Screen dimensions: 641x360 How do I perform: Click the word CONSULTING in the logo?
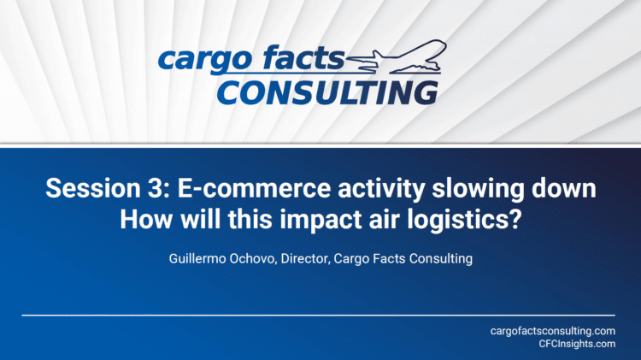click(328, 93)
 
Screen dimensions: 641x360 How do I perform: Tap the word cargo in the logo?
click(205, 59)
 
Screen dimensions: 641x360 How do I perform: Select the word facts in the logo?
click(303, 56)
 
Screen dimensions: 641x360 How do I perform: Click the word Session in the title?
click(93, 188)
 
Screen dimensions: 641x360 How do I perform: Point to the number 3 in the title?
click(155, 188)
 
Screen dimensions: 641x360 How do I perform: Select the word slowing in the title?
click(478, 190)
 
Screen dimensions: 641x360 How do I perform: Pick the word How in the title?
click(146, 219)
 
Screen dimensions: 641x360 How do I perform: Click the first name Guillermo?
click(197, 258)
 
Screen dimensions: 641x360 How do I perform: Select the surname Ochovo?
click(253, 259)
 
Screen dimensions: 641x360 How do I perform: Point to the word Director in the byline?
click(305, 259)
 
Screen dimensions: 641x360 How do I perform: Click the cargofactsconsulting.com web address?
click(553, 331)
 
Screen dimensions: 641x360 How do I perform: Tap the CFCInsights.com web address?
click(577, 344)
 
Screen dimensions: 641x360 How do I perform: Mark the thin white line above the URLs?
click(319, 316)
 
